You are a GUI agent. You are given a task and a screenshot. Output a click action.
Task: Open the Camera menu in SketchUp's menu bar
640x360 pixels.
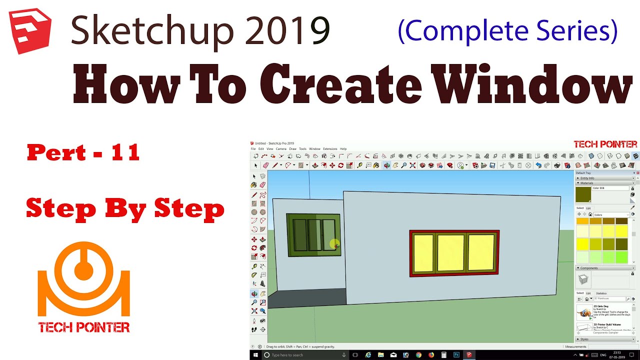[x=281, y=149]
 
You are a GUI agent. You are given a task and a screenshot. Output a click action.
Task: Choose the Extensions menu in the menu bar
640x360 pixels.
[x=330, y=149]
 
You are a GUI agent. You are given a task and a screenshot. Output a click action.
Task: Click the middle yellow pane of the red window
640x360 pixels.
[x=450, y=252]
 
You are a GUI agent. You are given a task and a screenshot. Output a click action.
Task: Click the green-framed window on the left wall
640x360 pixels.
[x=313, y=234]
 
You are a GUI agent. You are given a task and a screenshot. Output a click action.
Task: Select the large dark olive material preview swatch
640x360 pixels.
[x=583, y=194]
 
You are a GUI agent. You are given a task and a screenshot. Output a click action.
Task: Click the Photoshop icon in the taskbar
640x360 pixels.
[x=456, y=355]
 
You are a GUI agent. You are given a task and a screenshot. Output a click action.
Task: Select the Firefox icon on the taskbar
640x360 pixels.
[x=431, y=355]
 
